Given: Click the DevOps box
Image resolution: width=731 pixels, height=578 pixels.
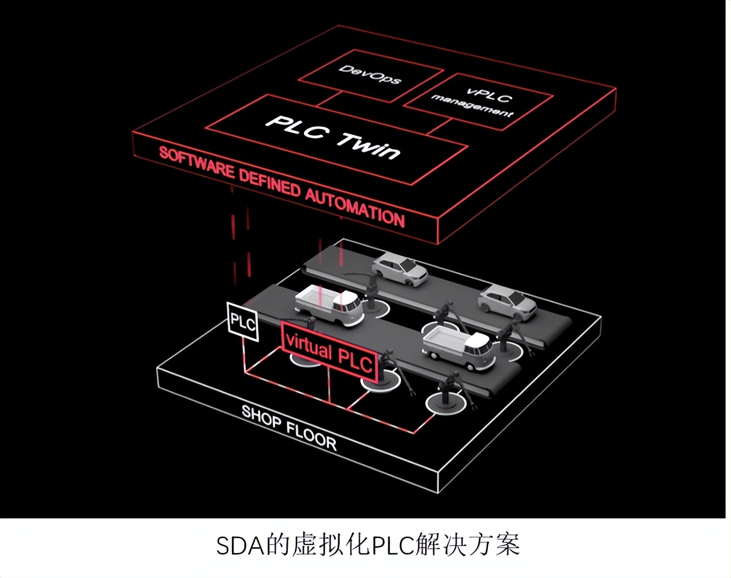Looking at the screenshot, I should point(370,75).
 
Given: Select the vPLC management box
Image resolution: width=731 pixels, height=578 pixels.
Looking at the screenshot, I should point(478,101).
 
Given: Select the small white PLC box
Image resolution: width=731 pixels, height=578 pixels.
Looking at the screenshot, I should point(243,321).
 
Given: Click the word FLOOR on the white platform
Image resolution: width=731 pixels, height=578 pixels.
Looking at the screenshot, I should point(311,435).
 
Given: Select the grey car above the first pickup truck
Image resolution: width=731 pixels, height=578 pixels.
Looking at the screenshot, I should point(400,268).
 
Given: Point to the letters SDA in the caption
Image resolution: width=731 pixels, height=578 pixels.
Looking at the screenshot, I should point(240,546).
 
